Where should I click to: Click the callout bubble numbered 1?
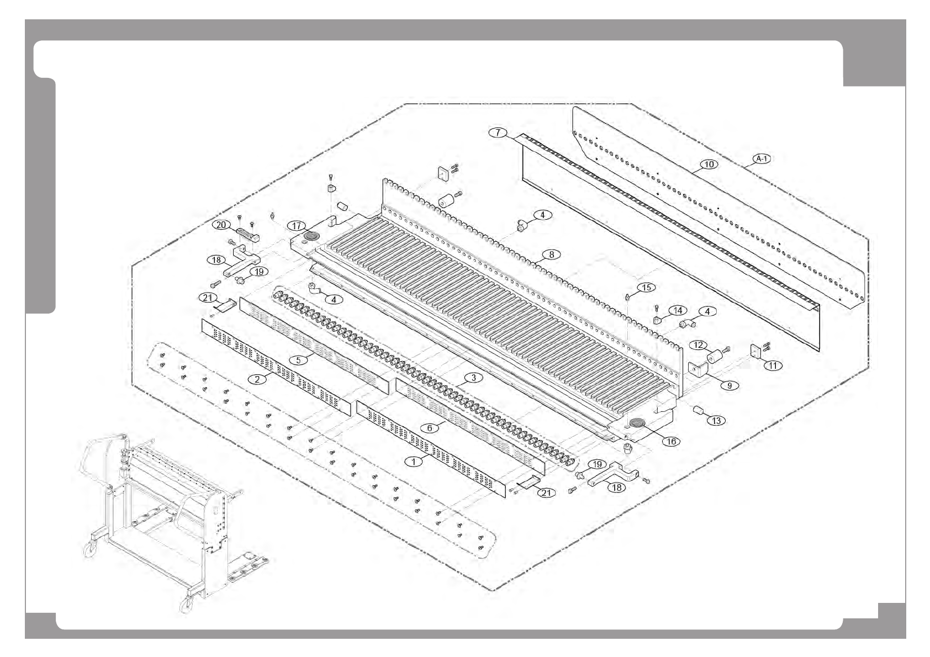(414, 461)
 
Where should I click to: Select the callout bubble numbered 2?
(257, 379)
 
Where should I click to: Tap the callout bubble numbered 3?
(473, 378)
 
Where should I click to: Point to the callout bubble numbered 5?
(298, 360)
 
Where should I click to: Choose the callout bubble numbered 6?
(430, 428)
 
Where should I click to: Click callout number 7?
(498, 133)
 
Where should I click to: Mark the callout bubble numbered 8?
(551, 255)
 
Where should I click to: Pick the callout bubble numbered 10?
(709, 164)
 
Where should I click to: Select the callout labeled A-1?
(762, 159)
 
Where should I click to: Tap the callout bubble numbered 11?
(773, 365)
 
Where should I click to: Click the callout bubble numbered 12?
(699, 345)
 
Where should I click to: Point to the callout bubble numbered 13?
(716, 421)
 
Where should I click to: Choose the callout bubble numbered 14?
(678, 311)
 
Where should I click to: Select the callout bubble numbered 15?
(646, 287)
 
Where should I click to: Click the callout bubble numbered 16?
(672, 441)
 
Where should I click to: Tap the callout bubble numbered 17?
(297, 226)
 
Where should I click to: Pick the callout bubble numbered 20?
(221, 225)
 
